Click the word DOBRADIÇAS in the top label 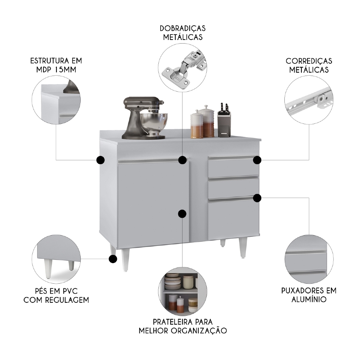tap(183, 28)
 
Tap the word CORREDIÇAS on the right tap(309, 61)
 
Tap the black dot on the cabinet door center tap(183, 213)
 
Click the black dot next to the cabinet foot tap(113, 258)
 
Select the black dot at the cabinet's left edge tap(100, 160)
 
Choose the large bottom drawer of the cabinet tap(233, 220)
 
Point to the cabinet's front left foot tap(125, 259)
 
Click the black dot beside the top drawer tap(257, 159)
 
